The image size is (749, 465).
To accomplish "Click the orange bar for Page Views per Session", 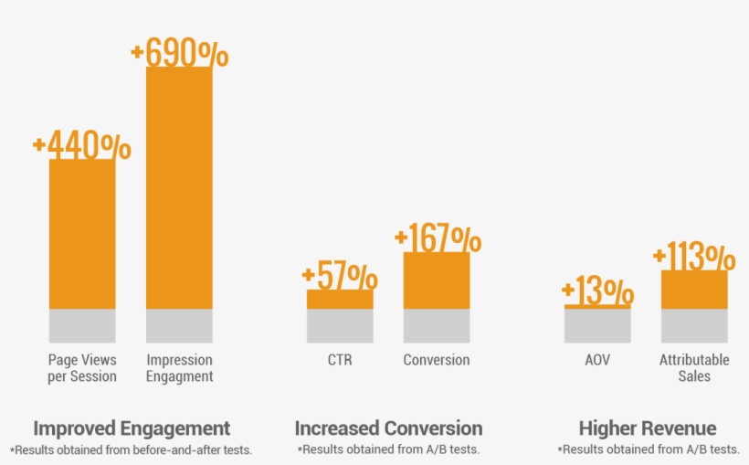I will point(82,234).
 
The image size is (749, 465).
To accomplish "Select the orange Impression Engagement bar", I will point(179,187).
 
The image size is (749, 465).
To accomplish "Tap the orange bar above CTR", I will point(340,299).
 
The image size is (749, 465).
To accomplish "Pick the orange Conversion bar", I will point(437,280).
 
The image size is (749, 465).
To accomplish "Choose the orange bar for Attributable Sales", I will point(694,290).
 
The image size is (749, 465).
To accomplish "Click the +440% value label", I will point(81,146).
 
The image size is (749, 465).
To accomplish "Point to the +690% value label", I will point(180,53).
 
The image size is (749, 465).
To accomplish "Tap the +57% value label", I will point(340,275).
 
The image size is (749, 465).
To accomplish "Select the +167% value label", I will point(438,239).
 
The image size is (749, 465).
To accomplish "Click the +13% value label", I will point(597,292).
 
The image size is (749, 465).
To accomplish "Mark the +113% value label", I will point(694,257).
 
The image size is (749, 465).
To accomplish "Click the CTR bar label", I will point(340,360).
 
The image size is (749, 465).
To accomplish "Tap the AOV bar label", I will point(597,360).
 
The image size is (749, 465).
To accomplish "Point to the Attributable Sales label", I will point(694,367).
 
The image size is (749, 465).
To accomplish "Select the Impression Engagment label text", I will point(179,367).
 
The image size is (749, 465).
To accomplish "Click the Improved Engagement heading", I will point(132,428).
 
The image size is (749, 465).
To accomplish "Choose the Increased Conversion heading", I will point(388,428).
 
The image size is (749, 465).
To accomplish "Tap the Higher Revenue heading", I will point(648,428).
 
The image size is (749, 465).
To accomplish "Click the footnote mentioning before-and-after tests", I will point(132,449).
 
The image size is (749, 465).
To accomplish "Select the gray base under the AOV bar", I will point(597,325).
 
